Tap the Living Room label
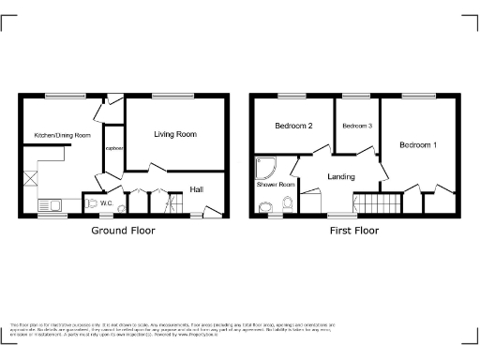click(x=175, y=135)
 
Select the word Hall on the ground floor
click(x=197, y=189)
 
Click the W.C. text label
click(x=107, y=203)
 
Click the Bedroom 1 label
click(x=417, y=145)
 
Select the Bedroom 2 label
click(x=292, y=127)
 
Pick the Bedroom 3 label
click(x=356, y=127)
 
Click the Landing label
click(x=340, y=176)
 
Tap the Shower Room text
click(x=276, y=185)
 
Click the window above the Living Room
click(x=167, y=95)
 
